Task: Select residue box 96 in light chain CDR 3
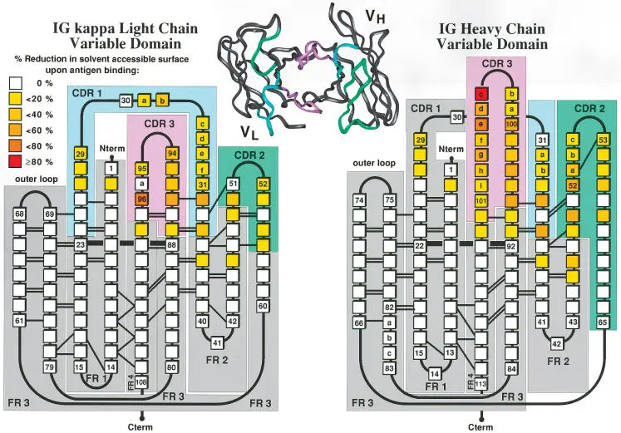click(x=142, y=199)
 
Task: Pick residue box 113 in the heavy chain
click(x=481, y=384)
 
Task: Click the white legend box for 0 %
click(x=16, y=83)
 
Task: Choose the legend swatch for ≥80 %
click(x=16, y=162)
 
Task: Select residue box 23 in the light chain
click(x=81, y=245)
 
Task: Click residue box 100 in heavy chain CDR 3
click(x=512, y=124)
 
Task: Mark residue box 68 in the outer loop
click(x=20, y=214)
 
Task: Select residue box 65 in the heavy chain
click(x=604, y=322)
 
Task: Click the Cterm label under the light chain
click(x=142, y=426)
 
